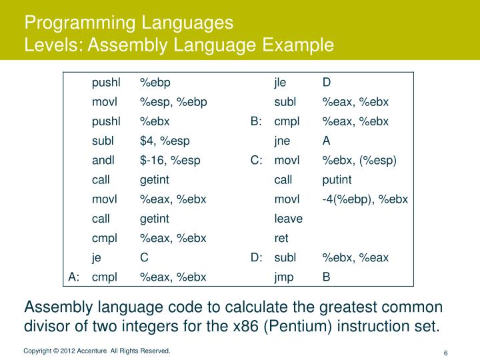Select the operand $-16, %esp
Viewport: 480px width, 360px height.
coord(170,161)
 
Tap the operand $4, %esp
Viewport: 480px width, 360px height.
coord(165,141)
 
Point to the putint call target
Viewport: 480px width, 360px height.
coord(337,180)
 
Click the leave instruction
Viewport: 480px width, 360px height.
coord(288,219)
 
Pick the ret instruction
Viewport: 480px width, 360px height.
coord(281,238)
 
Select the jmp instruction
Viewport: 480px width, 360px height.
coord(284,277)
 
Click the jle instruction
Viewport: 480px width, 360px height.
coord(280,83)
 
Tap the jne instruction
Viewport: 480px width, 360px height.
coord(283,141)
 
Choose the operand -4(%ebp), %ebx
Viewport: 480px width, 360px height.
coord(365,199)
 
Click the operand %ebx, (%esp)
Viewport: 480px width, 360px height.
coord(359,161)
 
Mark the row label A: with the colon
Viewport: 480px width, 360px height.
coord(74,277)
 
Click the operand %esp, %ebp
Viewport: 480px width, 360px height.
coord(173,103)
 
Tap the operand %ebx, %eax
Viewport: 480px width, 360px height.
coord(355,257)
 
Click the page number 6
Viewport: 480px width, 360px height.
coord(445,353)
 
